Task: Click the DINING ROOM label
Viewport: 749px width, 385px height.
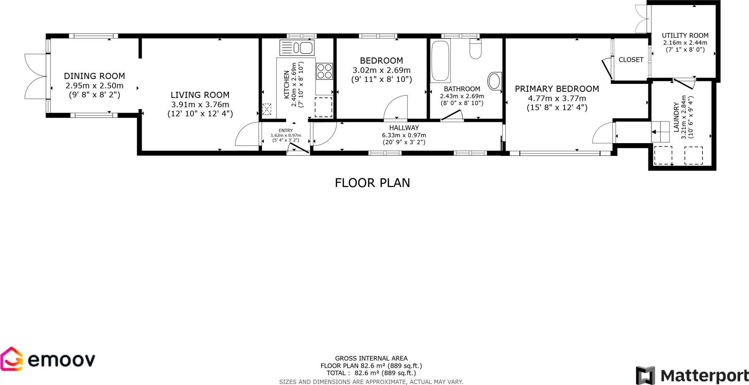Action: click(x=94, y=76)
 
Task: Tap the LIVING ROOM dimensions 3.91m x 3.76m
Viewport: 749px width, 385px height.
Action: click(x=200, y=104)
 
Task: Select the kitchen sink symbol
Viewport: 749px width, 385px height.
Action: click(x=297, y=48)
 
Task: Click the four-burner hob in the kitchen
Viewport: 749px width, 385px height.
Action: click(x=324, y=71)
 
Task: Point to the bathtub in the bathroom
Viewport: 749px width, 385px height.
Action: click(x=440, y=61)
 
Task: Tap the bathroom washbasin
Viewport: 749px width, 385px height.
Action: click(x=494, y=81)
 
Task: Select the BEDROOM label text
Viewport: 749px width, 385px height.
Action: click(x=381, y=61)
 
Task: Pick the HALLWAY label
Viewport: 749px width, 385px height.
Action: click(x=404, y=128)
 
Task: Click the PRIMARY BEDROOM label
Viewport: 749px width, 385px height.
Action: click(x=557, y=89)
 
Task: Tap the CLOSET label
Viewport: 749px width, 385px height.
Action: click(x=631, y=60)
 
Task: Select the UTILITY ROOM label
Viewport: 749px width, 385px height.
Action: click(x=685, y=35)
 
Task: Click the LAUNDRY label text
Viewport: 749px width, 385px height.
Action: click(x=676, y=117)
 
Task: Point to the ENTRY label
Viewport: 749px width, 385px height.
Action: click(x=286, y=130)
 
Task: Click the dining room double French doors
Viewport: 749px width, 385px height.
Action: click(x=35, y=76)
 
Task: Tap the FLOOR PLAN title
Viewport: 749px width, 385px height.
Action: click(x=372, y=183)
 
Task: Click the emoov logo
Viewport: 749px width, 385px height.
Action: click(x=48, y=360)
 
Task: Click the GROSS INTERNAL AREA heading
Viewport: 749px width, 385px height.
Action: click(x=371, y=358)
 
